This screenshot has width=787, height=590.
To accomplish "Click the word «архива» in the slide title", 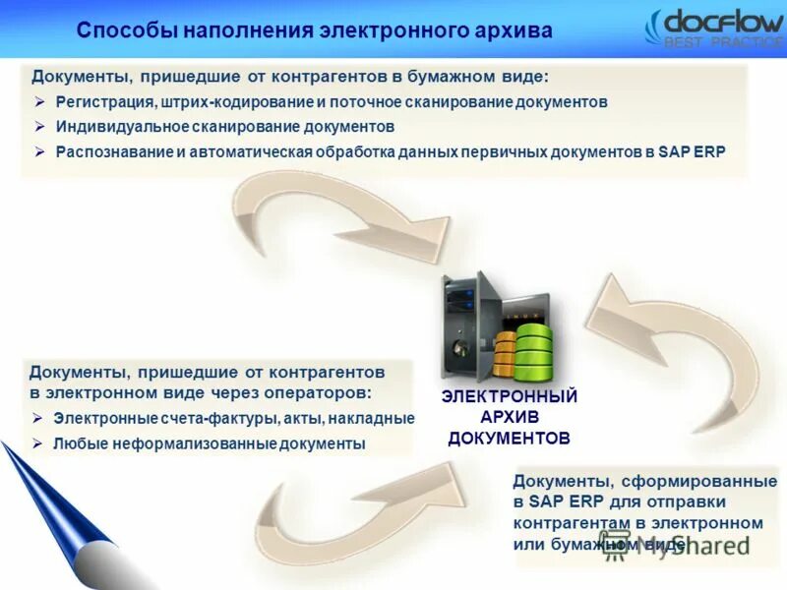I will point(509,30).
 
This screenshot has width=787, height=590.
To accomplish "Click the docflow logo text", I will point(723,22).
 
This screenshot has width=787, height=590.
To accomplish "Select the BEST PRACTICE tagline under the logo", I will point(724,43).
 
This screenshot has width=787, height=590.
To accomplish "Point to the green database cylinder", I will point(533,345).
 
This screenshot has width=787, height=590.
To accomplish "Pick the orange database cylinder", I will point(504,355).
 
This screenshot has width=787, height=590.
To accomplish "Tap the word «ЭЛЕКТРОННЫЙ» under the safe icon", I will point(509,396).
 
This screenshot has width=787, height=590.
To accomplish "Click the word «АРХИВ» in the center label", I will point(509,417).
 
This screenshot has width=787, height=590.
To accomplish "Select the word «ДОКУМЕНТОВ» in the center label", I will point(509,438).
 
